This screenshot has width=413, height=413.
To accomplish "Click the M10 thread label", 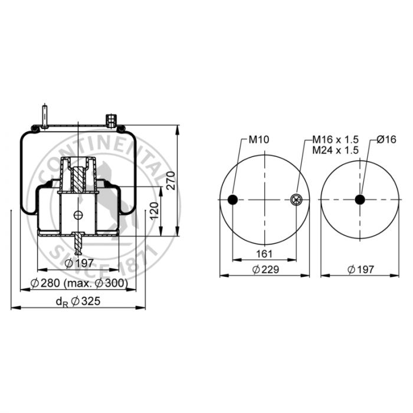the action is click(x=259, y=140).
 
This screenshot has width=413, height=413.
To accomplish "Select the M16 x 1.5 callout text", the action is click(x=335, y=139).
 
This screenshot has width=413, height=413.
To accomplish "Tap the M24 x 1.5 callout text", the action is click(x=335, y=150).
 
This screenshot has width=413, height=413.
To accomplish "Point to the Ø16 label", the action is click(x=386, y=139).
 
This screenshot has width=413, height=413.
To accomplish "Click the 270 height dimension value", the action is click(x=171, y=181).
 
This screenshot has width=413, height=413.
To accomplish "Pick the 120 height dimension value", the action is click(x=155, y=211).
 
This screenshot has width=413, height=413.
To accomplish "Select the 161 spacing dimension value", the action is click(x=264, y=254).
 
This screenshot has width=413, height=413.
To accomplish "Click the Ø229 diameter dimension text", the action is click(x=265, y=270).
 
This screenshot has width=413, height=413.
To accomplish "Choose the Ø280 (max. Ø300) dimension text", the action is click(x=79, y=283).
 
